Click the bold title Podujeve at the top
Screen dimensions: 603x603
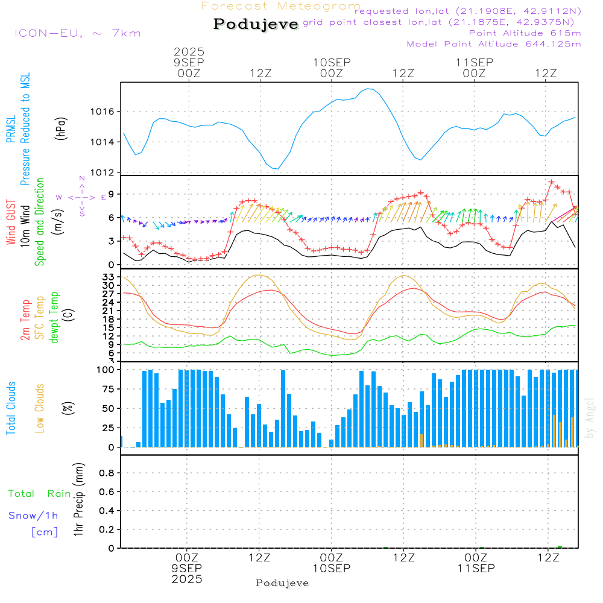pos(256,24)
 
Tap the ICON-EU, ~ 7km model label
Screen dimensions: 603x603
pos(77,33)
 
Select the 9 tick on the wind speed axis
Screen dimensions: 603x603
pos(111,194)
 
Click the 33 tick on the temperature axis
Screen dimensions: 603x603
pos(108,277)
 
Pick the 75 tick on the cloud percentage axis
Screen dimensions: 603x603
pos(107,389)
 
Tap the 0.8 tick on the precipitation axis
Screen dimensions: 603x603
pos(107,473)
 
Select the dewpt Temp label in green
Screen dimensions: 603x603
pos(54,318)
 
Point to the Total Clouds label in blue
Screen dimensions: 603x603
pos(11,408)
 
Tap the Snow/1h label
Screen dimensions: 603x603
pos(33,516)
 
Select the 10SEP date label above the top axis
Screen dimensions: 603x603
pos(331,62)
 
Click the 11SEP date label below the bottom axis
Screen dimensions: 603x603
pos(475,569)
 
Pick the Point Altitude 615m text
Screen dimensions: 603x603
pos(525,33)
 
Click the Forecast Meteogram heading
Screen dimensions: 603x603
pos(281,7)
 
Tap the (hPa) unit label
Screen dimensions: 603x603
pos(61,128)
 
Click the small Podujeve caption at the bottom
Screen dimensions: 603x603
pos(282,583)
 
